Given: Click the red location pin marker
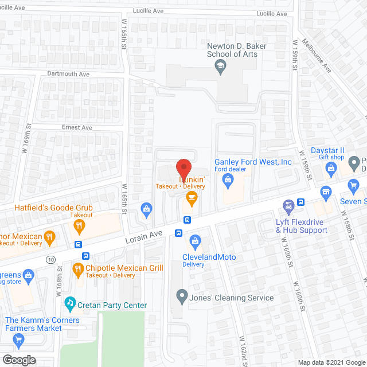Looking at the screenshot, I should click(183, 167).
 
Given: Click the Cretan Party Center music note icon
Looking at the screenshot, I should click(70, 302).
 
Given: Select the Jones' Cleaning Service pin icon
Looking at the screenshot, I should click(182, 297).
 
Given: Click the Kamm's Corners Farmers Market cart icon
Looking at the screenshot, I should click(18, 341).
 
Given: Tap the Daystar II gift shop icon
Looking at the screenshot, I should click(330, 168).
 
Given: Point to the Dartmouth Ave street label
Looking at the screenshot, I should click(69, 75).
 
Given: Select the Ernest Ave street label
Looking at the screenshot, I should click(77, 127).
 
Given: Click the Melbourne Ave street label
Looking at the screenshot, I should click(325, 59).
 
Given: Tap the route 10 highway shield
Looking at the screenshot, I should click(52, 260).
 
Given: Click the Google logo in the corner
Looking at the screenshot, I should click(18, 360).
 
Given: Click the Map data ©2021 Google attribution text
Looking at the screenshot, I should click(331, 362).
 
